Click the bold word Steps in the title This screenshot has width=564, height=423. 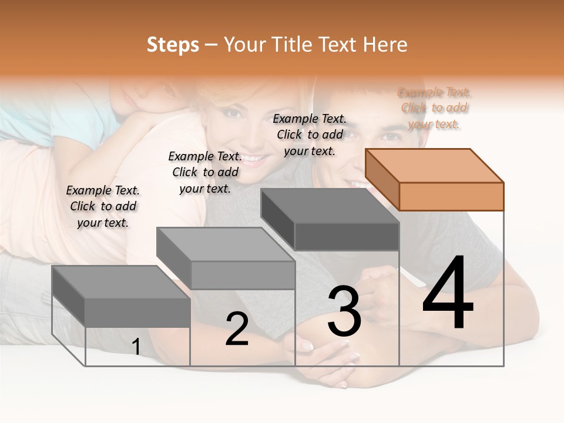coord(173,45)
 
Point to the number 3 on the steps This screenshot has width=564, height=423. coord(344,311)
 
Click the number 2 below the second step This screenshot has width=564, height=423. coord(237,329)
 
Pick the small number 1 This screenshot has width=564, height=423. coord(136,347)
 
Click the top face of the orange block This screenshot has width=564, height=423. coord(434,165)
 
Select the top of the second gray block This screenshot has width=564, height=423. coord(225,244)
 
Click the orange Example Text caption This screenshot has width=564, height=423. coord(435,108)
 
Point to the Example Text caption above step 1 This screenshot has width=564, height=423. coord(103,206)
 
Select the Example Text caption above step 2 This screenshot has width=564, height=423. coord(205,172)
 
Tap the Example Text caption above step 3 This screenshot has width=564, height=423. coord(310,135)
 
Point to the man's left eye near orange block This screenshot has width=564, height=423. coord(390,136)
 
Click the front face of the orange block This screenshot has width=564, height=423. coord(451,196)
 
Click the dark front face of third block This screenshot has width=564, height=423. coord(347,237)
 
